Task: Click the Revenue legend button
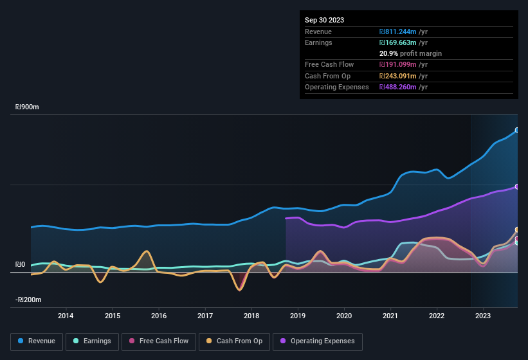coord(37,341)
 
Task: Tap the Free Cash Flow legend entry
coord(158,341)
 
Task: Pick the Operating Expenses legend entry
coord(318,341)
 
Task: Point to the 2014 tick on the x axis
coord(66,316)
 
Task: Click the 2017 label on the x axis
coord(205,316)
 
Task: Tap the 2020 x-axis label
coord(344,316)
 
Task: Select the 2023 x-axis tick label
coord(483,316)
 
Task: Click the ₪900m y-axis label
coord(27,107)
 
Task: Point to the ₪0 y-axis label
coord(20,264)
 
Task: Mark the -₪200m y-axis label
coord(28,300)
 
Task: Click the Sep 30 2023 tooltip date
coord(324,20)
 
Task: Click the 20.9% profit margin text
coord(410,53)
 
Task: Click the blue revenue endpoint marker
coord(517,130)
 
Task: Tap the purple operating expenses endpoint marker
coord(517,186)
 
